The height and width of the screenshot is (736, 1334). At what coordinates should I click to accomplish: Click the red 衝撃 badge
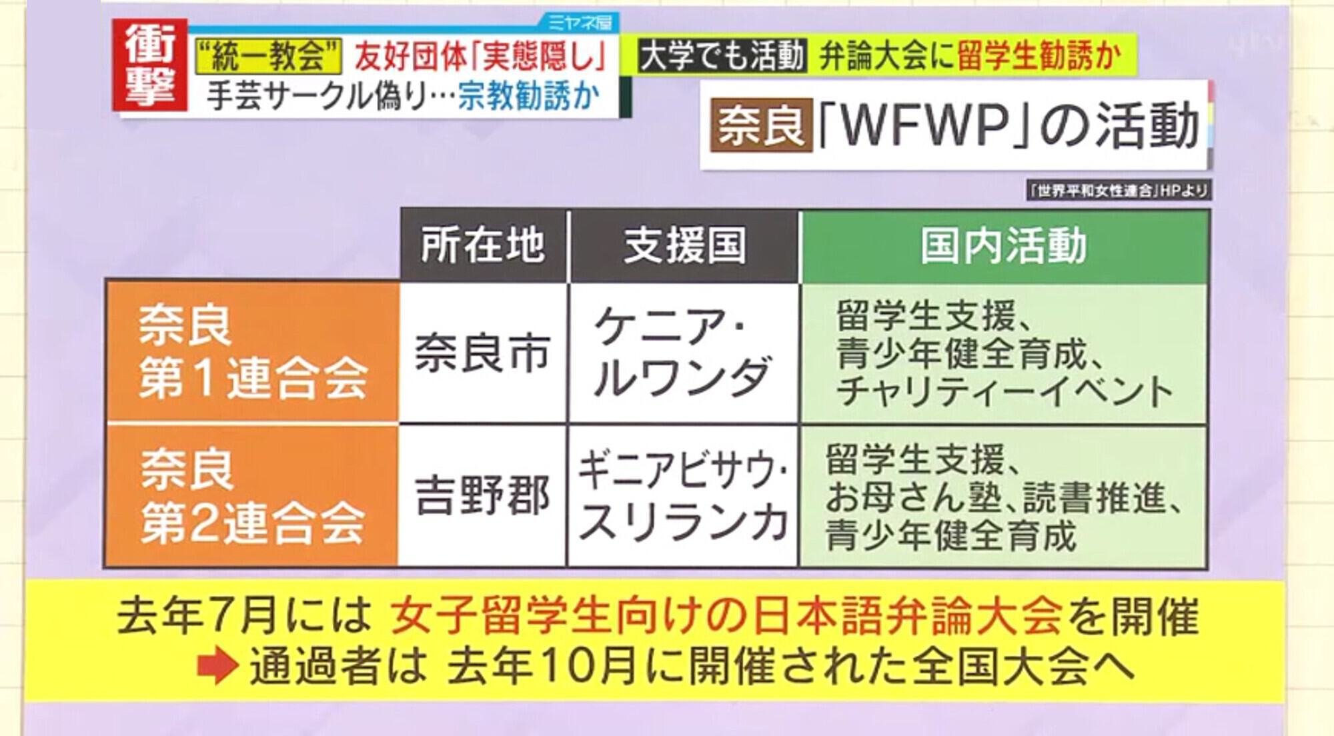149,65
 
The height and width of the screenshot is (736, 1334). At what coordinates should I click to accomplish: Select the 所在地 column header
483,245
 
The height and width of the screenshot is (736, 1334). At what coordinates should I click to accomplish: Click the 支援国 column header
684,245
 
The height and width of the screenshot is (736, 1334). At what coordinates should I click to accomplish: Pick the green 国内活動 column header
1005,245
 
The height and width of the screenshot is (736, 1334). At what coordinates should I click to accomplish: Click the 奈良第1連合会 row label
253,351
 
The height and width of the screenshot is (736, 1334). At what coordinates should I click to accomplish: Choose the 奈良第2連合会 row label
253,495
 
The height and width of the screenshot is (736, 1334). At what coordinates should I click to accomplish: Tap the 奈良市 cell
483,353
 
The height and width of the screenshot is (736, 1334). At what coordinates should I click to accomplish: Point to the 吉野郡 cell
483,495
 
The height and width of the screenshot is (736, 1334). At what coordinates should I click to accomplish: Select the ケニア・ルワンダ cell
684,353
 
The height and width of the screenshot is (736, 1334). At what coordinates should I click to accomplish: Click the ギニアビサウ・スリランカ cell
684,495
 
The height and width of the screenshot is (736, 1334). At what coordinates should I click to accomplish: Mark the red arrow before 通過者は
217,665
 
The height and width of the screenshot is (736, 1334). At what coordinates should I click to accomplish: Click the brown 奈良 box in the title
761,125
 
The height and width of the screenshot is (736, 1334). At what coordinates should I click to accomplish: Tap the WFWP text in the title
918,125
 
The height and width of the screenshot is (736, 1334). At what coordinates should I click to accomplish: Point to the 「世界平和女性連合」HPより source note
1119,191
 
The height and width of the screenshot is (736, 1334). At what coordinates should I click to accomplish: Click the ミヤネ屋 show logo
580,23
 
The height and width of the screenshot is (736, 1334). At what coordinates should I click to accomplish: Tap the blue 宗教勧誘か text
528,97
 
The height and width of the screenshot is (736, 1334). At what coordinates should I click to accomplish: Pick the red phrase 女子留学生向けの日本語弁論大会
726,615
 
